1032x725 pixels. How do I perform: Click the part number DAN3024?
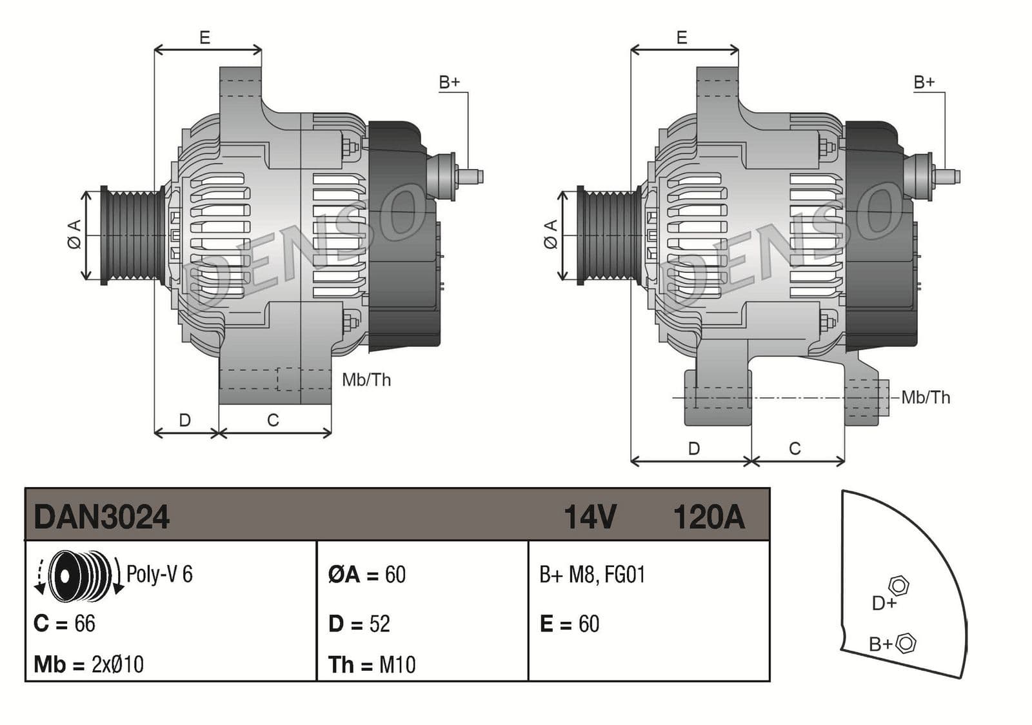(x=101, y=517)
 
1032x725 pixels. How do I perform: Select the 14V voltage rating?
(x=590, y=517)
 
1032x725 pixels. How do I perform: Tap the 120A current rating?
(x=708, y=517)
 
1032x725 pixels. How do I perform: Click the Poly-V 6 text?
(x=159, y=574)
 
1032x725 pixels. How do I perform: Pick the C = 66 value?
(x=64, y=624)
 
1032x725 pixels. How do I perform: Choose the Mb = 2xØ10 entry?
(x=88, y=664)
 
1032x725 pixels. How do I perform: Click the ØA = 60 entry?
(x=366, y=574)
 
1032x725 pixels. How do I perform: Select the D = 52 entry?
(x=359, y=624)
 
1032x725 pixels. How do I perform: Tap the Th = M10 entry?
(x=372, y=664)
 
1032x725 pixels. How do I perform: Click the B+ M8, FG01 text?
(x=592, y=574)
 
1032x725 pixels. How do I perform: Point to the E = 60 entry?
(x=570, y=624)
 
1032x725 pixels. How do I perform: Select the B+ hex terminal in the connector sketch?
(x=906, y=642)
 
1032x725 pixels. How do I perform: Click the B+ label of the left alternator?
(x=450, y=82)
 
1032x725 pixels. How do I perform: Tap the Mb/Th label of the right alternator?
(x=926, y=397)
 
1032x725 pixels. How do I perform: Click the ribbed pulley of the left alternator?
(x=133, y=235)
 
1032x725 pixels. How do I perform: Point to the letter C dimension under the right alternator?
(x=795, y=448)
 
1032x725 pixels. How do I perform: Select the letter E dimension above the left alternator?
(x=204, y=37)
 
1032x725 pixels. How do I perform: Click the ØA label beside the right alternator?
(x=550, y=234)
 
